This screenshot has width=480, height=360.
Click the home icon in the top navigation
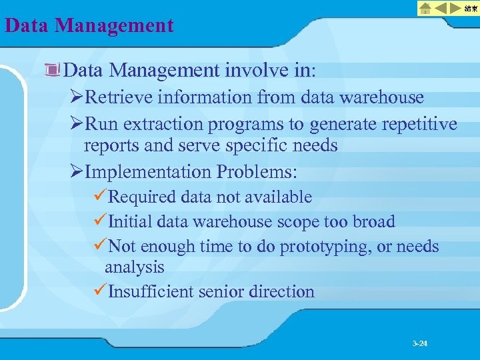click(x=425, y=8)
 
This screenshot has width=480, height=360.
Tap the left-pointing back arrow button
click(x=441, y=8)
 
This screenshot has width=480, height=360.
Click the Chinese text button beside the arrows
click(x=471, y=8)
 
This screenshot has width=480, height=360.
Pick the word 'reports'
click(x=111, y=145)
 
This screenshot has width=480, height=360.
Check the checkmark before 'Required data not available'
click(x=99, y=197)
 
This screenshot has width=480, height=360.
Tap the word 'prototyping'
click(x=325, y=247)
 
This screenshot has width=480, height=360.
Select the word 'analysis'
click(x=134, y=267)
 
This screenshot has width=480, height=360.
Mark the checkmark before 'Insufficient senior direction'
click(x=99, y=291)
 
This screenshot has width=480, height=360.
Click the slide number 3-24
click(x=420, y=343)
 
